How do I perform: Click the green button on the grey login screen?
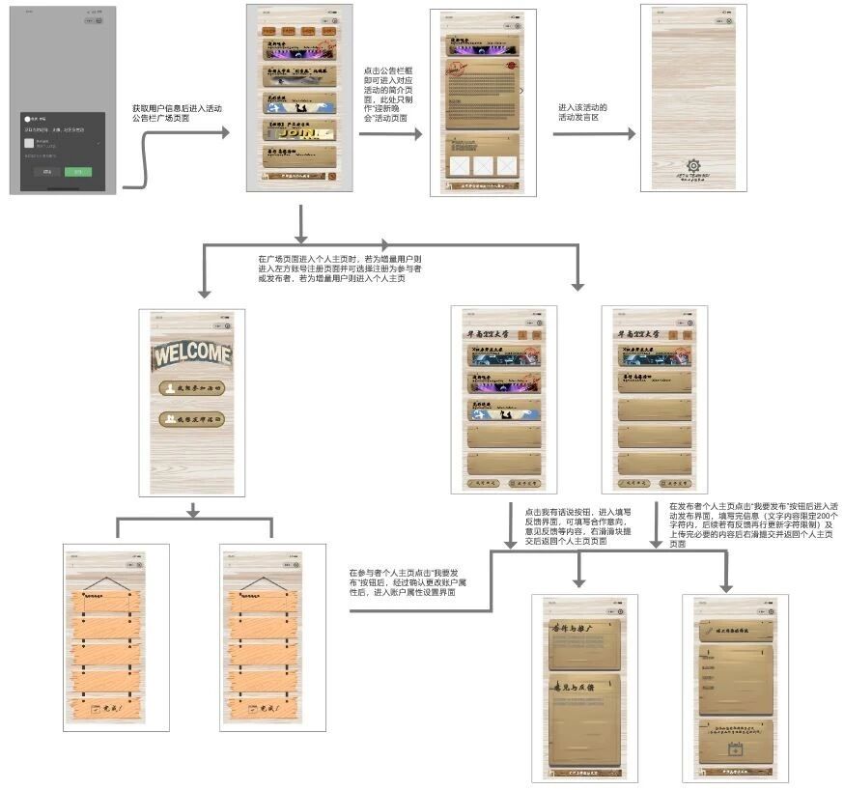click(78, 172)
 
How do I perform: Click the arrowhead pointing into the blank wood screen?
click(631, 134)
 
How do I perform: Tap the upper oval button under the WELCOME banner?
click(192, 388)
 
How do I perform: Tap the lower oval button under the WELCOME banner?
click(192, 420)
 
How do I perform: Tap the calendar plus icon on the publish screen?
click(735, 748)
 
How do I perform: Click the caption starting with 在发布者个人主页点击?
click(739, 523)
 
